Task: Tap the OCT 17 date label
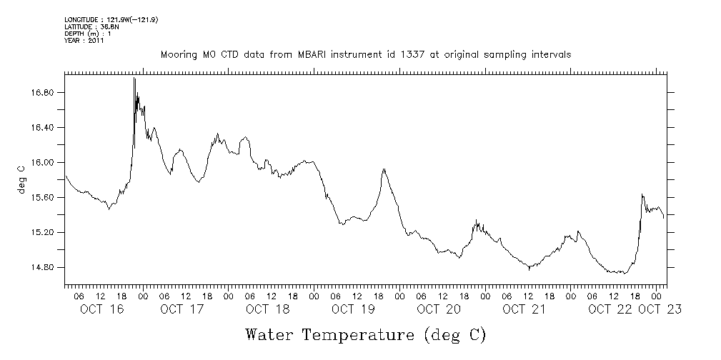point(182,309)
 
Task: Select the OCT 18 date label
point(267,309)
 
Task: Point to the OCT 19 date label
point(353,309)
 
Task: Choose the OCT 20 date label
point(439,309)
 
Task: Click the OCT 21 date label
point(524,309)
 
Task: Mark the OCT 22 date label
point(610,309)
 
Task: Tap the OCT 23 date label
point(660,309)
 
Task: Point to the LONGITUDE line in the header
point(111,20)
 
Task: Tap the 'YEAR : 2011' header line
point(84,41)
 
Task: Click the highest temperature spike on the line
point(134,79)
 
